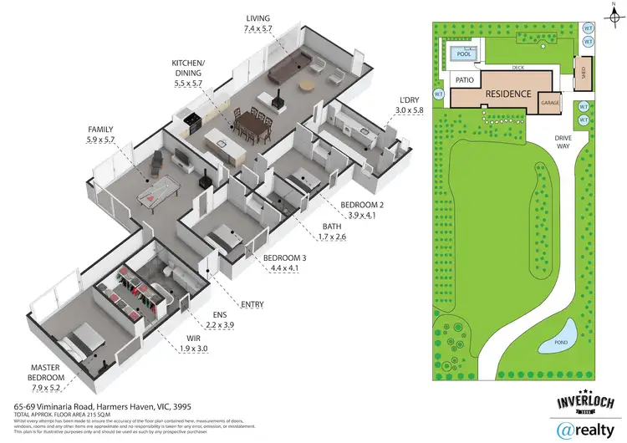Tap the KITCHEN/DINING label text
[187, 67]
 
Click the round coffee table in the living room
[307, 85]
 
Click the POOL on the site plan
[461, 55]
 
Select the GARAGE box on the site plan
[549, 102]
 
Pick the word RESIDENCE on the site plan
[507, 94]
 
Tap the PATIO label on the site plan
[466, 79]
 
